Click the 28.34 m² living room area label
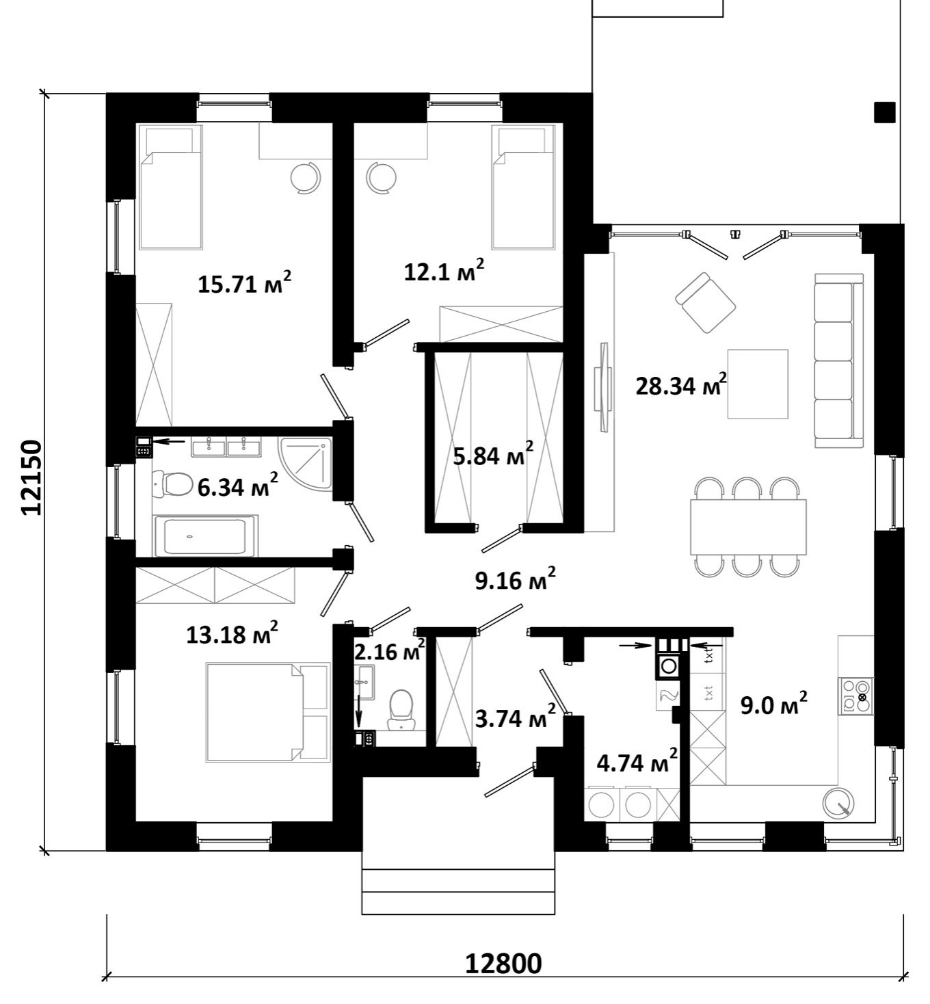(x=681, y=385)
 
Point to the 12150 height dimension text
(x=31, y=477)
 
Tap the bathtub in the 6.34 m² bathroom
(x=205, y=536)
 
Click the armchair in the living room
(x=706, y=302)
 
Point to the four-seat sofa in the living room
(x=839, y=360)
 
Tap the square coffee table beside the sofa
(x=758, y=384)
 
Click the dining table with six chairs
(x=748, y=527)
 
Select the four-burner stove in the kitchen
(x=857, y=696)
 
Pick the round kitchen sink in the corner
(x=838, y=804)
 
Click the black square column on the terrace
(x=885, y=112)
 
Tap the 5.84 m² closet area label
(x=493, y=455)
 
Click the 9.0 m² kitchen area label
(x=773, y=704)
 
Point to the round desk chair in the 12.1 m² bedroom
(x=382, y=177)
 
